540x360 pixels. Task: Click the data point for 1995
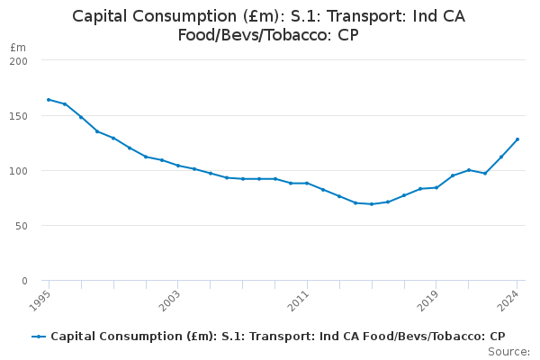pyautogui.click(x=49, y=100)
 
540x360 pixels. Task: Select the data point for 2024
pyautogui.click(x=517, y=139)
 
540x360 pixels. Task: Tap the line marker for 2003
pyautogui.click(x=178, y=166)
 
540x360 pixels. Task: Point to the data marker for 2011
pyautogui.click(x=307, y=183)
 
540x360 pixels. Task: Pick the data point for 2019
pyautogui.click(x=436, y=187)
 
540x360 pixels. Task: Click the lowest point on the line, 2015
pyautogui.click(x=372, y=204)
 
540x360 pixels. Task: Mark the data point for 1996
pyautogui.click(x=65, y=104)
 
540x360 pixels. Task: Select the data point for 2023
pyautogui.click(x=501, y=157)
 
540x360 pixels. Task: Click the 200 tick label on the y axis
pyautogui.click(x=19, y=61)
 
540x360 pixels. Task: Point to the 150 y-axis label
pyautogui.click(x=19, y=116)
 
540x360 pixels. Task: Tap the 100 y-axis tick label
pyautogui.click(x=19, y=171)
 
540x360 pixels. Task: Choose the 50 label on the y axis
pyautogui.click(x=22, y=226)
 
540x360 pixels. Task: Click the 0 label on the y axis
pyautogui.click(x=24, y=281)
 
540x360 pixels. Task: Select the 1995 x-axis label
pyautogui.click(x=41, y=300)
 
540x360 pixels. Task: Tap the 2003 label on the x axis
pyautogui.click(x=171, y=300)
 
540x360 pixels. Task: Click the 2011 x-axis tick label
pyautogui.click(x=300, y=300)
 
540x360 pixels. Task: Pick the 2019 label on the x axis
pyautogui.click(x=429, y=300)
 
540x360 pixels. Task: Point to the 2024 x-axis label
pyautogui.click(x=510, y=300)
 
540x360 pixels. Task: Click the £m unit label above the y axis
pyautogui.click(x=18, y=47)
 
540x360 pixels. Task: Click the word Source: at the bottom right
pyautogui.click(x=508, y=351)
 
